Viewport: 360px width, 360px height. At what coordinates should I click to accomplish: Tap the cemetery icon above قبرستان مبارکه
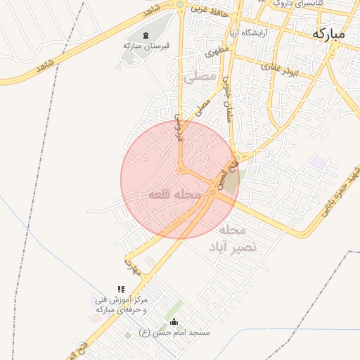point(146,36)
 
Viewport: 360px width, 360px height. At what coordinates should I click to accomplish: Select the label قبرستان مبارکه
point(146,46)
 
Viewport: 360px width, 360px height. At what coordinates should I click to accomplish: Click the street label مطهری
point(217,51)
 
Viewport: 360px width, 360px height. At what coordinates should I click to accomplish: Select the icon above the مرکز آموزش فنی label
point(121,289)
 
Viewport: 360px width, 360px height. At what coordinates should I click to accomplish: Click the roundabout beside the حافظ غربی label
point(180,5)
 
